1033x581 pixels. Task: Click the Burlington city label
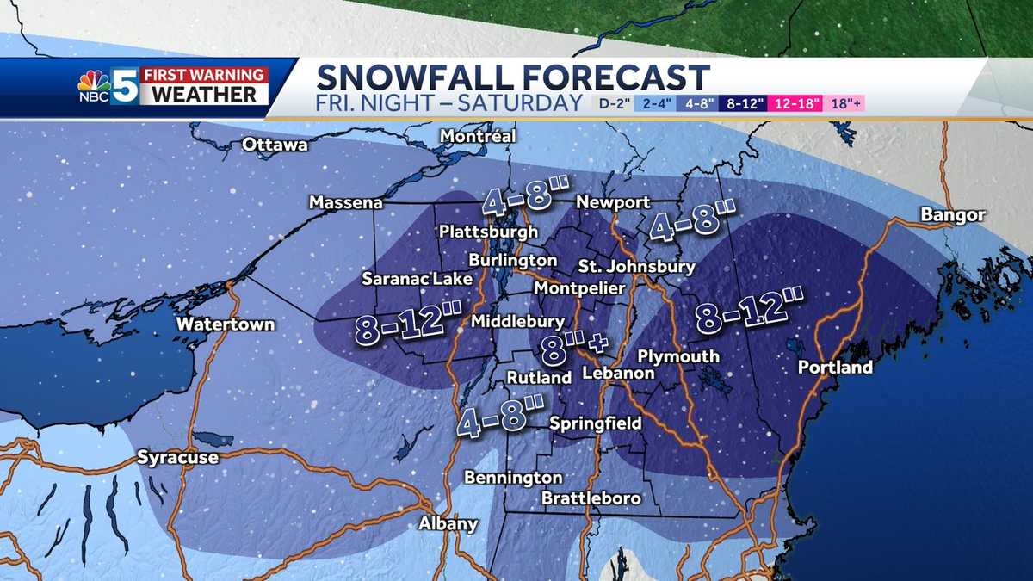click(x=512, y=259)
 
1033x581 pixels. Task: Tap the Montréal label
click(x=478, y=136)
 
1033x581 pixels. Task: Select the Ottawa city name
click(x=275, y=145)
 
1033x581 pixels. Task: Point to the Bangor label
click(x=952, y=214)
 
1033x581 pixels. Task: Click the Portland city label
click(x=835, y=368)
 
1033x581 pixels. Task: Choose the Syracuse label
click(x=178, y=458)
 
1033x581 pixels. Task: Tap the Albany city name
click(x=448, y=523)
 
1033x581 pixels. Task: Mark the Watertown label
click(x=226, y=324)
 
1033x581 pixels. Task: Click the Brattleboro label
click(x=591, y=498)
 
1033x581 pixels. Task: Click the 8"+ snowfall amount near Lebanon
click(x=574, y=348)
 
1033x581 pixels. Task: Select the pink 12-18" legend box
click(x=797, y=104)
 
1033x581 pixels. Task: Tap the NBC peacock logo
click(x=94, y=84)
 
